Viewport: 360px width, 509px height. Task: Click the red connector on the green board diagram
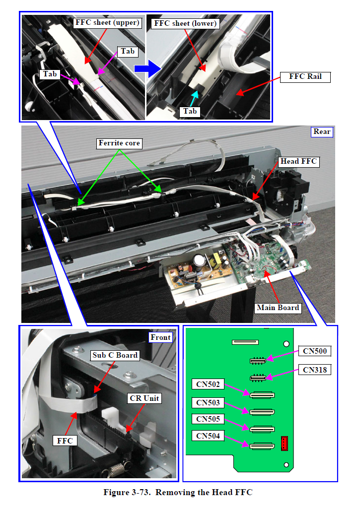click(285, 443)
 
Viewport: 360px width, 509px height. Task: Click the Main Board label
click(278, 308)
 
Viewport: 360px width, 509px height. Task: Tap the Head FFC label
click(298, 161)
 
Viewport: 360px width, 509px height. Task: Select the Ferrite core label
click(120, 143)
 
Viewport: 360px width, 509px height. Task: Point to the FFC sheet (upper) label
click(108, 23)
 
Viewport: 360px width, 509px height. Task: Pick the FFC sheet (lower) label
click(185, 23)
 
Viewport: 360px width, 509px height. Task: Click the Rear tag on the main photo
click(322, 131)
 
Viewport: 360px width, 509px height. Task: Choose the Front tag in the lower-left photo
click(161, 337)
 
